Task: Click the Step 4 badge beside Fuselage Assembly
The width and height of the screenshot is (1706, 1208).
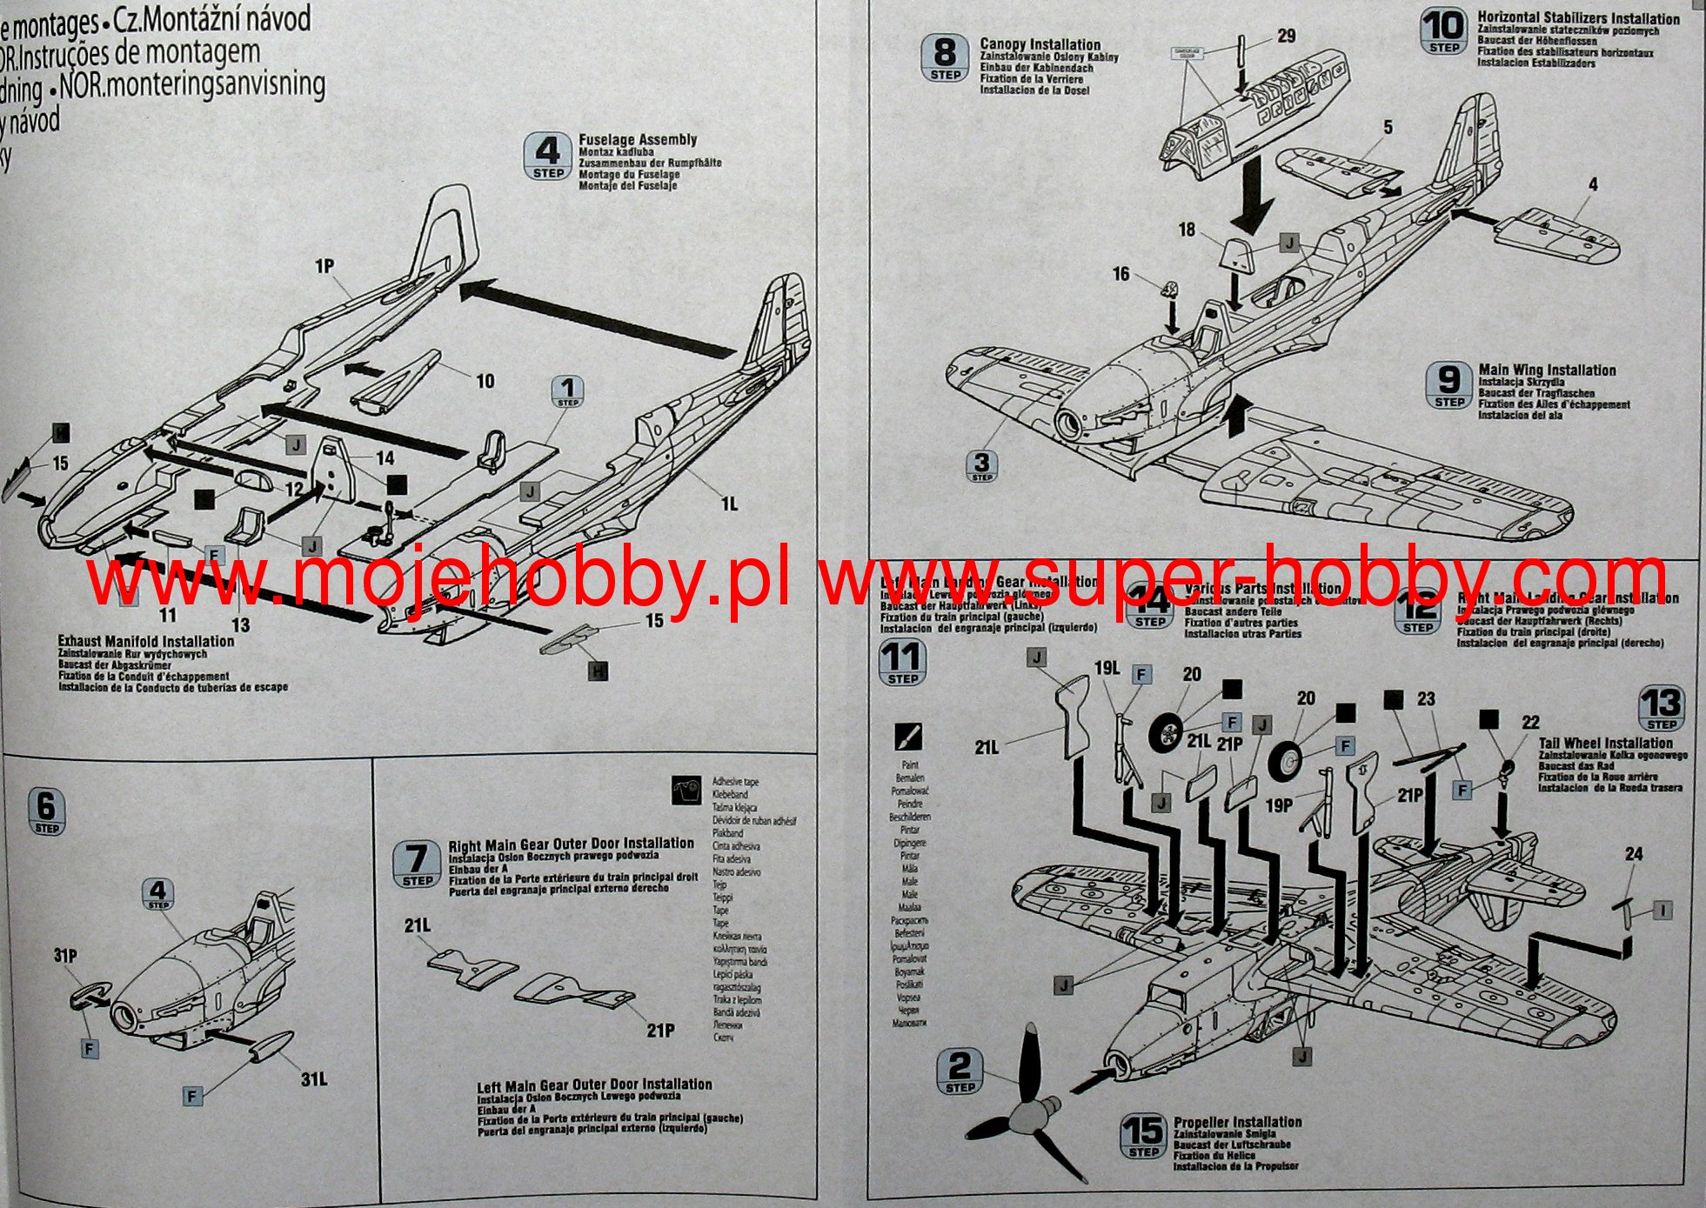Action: coord(548,157)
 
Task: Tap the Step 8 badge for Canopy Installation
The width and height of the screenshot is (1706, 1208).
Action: coord(945,59)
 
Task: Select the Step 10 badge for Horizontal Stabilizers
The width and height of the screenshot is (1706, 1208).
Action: coord(1443,31)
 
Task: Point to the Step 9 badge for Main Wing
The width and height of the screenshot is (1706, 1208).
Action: coord(1448,385)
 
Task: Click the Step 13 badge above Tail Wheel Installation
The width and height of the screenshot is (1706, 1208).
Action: coord(1661,709)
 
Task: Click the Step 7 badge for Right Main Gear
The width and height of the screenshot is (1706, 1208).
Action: coord(417,864)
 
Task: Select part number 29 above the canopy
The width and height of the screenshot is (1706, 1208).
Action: coord(1286,37)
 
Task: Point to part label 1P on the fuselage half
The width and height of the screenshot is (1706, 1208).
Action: coord(324,266)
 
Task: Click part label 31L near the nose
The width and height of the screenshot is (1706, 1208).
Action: coord(313,1080)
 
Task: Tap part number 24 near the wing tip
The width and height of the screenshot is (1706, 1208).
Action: coord(1633,855)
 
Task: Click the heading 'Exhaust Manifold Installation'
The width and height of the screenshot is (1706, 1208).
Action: coord(145,641)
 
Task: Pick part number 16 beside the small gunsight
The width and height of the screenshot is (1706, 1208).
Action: coord(1121,275)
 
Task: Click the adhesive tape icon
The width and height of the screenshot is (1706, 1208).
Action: coord(687,790)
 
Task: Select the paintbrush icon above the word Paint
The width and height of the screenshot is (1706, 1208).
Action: coord(908,737)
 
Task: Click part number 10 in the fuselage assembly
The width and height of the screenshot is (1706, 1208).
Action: coord(485,381)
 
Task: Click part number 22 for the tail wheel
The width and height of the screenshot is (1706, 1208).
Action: coord(1530,723)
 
